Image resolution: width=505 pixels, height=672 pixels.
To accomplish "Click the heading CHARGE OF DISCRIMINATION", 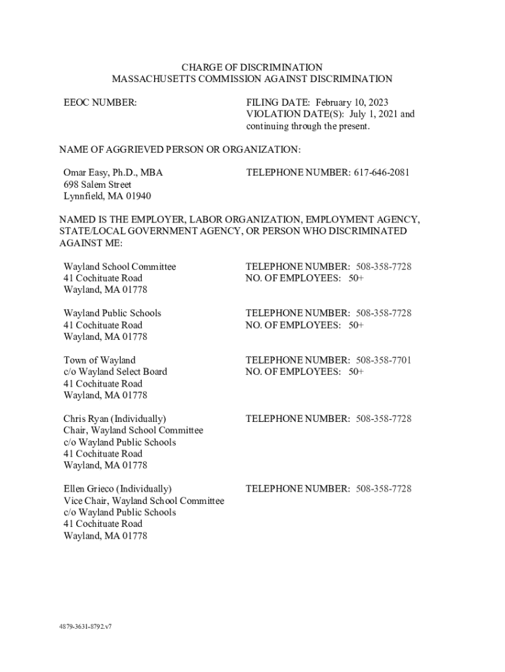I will coord(252,68).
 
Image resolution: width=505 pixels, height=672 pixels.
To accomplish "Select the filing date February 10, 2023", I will coord(352,102).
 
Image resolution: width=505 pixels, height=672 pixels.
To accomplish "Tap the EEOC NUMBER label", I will coord(100,102).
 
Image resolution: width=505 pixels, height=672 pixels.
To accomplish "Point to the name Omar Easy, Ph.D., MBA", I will coord(113,173).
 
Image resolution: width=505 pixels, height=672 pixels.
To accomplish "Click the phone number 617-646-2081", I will coord(382,173).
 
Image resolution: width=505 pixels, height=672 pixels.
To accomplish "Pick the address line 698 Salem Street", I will coord(97,184).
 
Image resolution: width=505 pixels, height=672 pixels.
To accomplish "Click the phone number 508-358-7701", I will coord(384,360).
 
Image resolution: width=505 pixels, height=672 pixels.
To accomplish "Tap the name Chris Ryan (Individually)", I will coord(114,419).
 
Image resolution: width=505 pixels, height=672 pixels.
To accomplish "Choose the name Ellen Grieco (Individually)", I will coord(117,489).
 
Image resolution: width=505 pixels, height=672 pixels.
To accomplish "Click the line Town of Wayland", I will coord(99,360).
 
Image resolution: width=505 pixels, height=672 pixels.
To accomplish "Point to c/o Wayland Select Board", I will coord(115,371).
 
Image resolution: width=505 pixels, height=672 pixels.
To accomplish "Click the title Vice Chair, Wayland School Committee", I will coord(144,501).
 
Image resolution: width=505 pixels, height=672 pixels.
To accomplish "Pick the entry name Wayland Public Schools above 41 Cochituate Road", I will coord(111,313).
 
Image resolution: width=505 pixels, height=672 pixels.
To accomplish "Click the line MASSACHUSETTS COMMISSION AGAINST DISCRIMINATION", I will coord(252,79).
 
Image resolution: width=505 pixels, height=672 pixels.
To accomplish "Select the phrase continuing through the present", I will coord(308,126).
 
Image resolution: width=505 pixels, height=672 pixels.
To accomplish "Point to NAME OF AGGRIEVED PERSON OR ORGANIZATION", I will coord(180,150).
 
